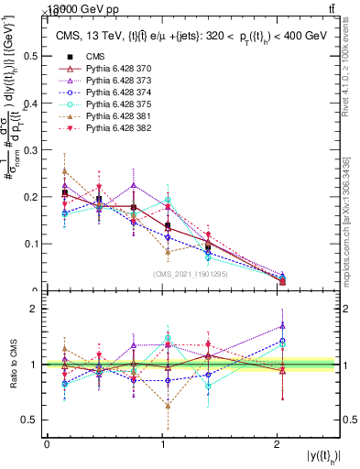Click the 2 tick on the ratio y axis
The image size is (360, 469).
[37, 310]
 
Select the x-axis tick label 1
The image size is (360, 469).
[162, 444]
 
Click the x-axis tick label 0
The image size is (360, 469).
[47, 444]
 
